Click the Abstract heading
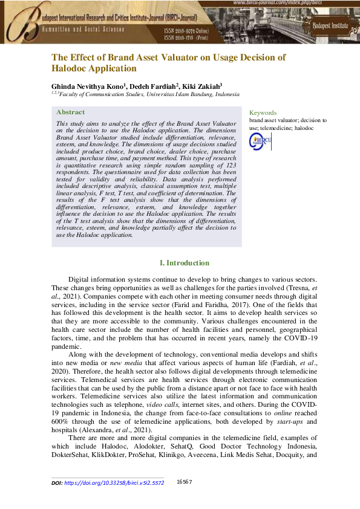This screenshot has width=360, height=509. tap(70, 112)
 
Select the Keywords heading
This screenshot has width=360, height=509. tap(263, 112)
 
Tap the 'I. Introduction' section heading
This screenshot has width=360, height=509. tap(184, 263)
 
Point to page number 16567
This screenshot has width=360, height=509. tap(184, 482)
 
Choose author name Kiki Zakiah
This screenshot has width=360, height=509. tap(204, 86)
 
